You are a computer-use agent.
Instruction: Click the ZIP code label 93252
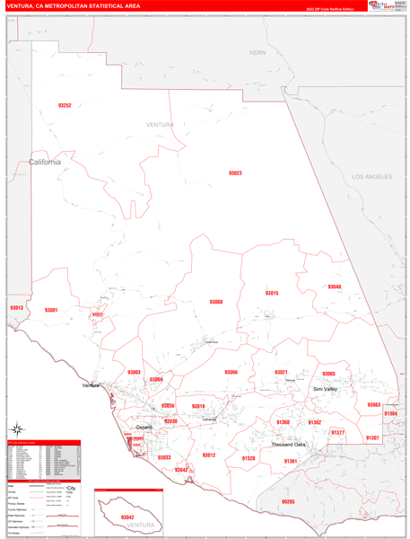[x=65, y=106]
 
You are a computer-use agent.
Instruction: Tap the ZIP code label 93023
[x=235, y=172]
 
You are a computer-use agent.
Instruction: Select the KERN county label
[x=258, y=53]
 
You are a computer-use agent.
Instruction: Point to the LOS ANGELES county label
[x=371, y=177]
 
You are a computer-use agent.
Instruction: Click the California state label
[x=45, y=163]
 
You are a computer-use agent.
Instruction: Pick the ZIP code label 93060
[x=216, y=302]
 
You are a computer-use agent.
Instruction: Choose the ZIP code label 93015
[x=272, y=293]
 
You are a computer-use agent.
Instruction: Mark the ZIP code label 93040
[x=334, y=287]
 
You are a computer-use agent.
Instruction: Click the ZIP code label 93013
[x=16, y=308]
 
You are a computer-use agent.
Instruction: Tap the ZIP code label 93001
[x=51, y=310]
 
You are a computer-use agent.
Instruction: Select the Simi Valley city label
[x=325, y=389]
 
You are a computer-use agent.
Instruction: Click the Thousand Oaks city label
[x=289, y=445]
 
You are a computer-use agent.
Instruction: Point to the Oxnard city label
[x=144, y=428]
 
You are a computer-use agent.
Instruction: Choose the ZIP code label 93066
[x=231, y=372]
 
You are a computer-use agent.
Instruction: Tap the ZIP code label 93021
[x=281, y=372]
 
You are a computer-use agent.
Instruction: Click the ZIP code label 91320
[x=249, y=458]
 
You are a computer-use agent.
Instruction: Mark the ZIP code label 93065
[x=328, y=374]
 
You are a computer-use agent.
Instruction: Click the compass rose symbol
[x=70, y=491]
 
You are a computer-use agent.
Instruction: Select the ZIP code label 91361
[x=290, y=461]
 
